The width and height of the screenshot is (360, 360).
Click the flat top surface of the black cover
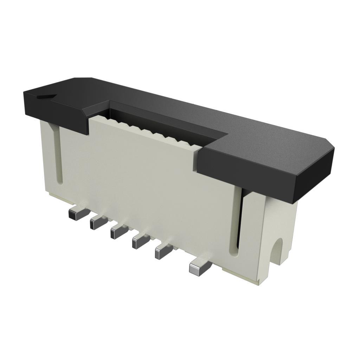[211, 116]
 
